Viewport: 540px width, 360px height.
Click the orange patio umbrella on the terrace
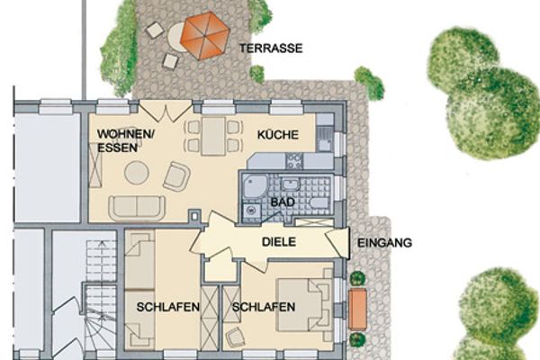(x=205, y=35)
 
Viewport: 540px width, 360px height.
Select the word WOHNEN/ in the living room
(x=127, y=135)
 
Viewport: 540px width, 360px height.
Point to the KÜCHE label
(x=276, y=135)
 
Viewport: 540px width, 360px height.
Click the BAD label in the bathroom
(x=283, y=202)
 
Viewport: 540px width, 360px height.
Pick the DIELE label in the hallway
(x=279, y=242)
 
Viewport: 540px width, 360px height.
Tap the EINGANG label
(x=384, y=242)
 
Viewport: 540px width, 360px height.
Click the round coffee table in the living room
(x=137, y=172)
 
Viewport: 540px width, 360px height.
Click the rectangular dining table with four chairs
(x=213, y=136)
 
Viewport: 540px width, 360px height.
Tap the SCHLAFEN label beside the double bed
(x=264, y=307)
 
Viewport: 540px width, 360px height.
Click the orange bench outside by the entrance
(x=357, y=308)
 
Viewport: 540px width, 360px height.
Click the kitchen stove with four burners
(x=293, y=161)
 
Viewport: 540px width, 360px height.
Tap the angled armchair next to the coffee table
(x=176, y=176)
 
